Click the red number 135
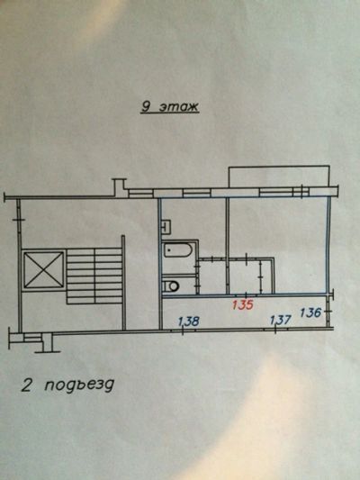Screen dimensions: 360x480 coord(243,305)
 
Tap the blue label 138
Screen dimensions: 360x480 coord(189,321)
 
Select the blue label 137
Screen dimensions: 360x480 coord(280,320)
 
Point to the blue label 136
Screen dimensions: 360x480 coord(310,312)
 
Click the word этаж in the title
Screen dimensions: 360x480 coord(179,107)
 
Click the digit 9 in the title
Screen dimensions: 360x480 coord(147,107)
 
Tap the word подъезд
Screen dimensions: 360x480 coord(79,385)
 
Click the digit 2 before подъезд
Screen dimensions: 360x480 coord(26,385)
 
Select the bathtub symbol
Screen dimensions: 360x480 coord(178,250)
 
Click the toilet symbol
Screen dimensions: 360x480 coord(171,286)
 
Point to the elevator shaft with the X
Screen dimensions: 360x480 coord(44,269)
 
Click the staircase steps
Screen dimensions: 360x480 coord(94,276)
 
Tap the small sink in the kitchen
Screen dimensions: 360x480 coord(166,227)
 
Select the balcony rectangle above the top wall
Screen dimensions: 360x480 coord(279,176)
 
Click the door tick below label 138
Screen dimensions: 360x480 coord(183,331)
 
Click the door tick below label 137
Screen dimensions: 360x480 coord(275,330)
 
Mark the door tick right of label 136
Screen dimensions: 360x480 coord(328,312)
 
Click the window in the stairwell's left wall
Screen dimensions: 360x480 coord(19,219)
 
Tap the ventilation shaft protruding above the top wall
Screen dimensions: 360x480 coord(120,187)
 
